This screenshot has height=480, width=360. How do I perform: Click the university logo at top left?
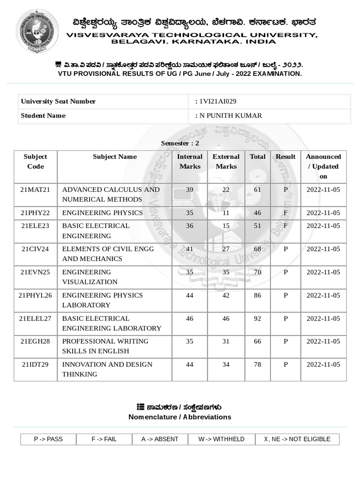coord(37,31)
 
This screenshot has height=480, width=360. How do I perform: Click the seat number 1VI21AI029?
coord(214,101)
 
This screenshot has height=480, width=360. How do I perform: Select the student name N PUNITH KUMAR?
coord(231,116)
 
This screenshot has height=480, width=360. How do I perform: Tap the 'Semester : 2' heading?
coord(180,143)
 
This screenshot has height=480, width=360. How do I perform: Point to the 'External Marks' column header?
coord(226,162)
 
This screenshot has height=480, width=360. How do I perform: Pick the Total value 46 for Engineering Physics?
coord(257,213)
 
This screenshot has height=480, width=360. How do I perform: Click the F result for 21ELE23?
coord(285,226)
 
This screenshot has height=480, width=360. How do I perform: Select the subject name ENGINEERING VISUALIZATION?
coord(90,277)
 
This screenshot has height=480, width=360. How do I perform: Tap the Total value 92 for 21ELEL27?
coord(257,319)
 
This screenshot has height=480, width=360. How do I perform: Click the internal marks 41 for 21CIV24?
coord(189,249)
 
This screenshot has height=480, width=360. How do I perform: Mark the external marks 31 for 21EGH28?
coord(226,341)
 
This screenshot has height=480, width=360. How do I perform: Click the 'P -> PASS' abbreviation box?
coord(48,439)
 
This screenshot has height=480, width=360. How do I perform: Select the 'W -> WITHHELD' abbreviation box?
coord(221,439)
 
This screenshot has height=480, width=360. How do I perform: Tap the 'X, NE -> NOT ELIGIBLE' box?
coord(297,439)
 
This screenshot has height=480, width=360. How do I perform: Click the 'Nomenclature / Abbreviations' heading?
coord(180,417)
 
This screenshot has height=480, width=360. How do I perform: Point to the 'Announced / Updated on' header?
coord(323,166)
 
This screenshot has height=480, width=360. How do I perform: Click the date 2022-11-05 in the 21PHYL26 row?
coord(323,295)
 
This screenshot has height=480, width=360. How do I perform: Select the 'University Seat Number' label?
coord(58,101)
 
